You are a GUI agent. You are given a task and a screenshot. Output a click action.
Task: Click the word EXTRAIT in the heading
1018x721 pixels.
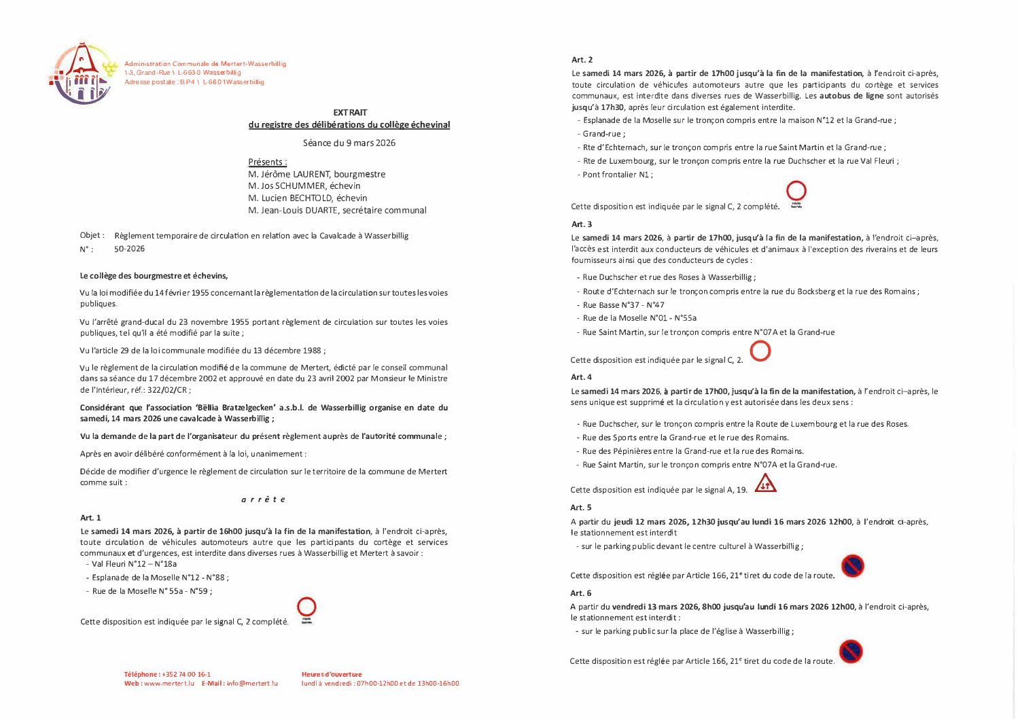[x=349, y=112]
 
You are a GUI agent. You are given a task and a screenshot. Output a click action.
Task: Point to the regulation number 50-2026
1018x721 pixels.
[x=129, y=249]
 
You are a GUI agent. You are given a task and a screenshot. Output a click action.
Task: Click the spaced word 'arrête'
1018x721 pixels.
[x=263, y=499]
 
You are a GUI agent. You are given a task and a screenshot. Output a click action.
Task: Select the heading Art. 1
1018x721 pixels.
[x=90, y=518]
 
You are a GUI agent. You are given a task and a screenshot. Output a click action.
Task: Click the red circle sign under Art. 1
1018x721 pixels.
[x=306, y=606]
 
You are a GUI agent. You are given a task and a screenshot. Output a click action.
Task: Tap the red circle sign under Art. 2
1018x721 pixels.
[x=796, y=191]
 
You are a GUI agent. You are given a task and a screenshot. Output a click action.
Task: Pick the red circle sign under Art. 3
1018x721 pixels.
[x=760, y=351]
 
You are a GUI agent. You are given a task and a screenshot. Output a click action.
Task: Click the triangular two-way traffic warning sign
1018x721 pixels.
[x=765, y=482]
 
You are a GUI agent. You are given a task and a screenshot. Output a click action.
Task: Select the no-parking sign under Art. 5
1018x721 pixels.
[x=852, y=566]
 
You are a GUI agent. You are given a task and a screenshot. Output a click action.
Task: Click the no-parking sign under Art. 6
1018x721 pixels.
[x=850, y=652]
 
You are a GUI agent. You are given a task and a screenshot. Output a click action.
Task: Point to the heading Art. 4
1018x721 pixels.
[x=581, y=377]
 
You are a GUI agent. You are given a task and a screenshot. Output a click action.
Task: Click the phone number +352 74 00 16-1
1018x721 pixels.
[x=186, y=674]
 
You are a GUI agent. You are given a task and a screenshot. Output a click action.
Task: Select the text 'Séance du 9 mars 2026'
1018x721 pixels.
[x=349, y=143]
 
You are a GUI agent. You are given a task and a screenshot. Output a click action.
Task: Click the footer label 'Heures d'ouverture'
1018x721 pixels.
[x=332, y=674]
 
